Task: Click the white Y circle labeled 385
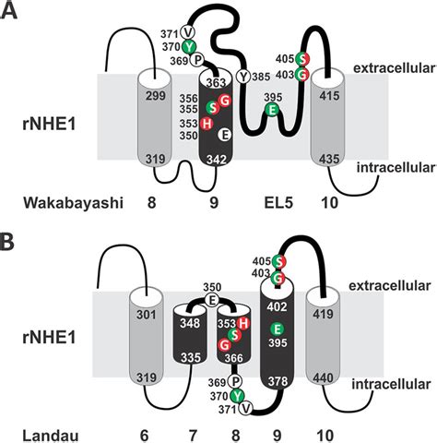point(243,77)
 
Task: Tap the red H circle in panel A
point(207,124)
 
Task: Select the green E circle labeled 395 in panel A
point(272,110)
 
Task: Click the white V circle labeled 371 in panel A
point(188,31)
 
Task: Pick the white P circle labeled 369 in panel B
point(235,382)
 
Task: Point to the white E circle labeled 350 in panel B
point(212,300)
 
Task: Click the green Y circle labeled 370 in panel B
point(237,396)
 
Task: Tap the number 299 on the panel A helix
point(156,96)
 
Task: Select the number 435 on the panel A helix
point(329,159)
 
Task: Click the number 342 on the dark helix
point(217,160)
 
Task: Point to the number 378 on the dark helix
point(278,381)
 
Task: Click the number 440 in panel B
point(323,377)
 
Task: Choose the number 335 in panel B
point(191,358)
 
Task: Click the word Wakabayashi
point(73,203)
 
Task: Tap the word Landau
point(51,436)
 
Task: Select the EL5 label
point(278,203)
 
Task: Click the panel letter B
point(6,242)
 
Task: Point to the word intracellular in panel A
point(396,168)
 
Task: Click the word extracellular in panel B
point(389,286)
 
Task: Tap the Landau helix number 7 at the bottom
point(193,436)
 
